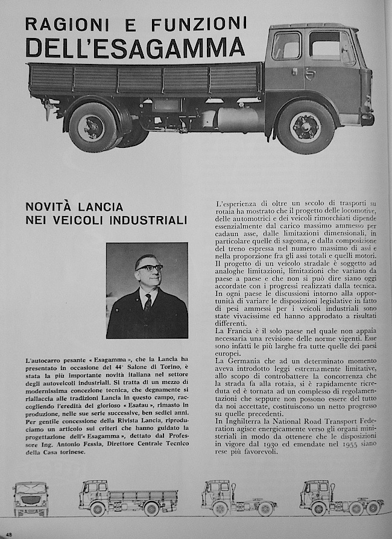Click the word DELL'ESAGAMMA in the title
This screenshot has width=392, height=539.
coord(135,47)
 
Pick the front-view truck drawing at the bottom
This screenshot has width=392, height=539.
coord(31,499)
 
